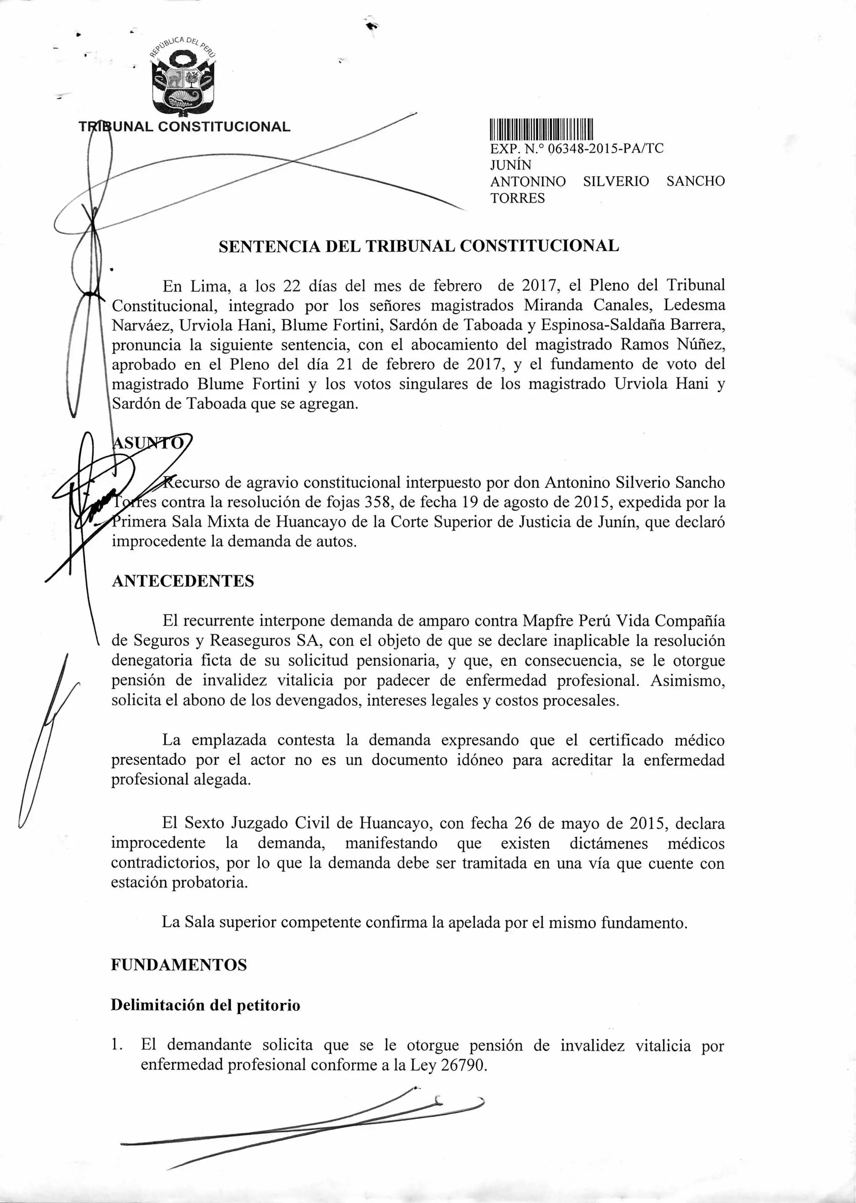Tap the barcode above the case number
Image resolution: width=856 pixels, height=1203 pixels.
click(542, 129)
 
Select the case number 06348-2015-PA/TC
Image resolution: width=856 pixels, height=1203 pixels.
click(606, 149)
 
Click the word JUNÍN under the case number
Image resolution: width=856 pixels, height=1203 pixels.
click(511, 165)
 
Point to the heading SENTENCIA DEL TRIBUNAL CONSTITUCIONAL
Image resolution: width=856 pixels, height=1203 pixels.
click(418, 246)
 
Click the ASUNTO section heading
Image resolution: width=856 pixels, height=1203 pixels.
click(149, 442)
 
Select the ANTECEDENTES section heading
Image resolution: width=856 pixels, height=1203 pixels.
click(183, 581)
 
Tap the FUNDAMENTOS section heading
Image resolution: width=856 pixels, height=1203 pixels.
click(179, 965)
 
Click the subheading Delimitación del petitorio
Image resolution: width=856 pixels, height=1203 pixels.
click(206, 1005)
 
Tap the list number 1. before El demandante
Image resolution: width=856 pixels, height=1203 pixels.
click(117, 1045)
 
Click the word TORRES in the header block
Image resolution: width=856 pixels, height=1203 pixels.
click(517, 198)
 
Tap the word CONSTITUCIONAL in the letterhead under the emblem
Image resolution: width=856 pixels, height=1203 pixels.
click(224, 127)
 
